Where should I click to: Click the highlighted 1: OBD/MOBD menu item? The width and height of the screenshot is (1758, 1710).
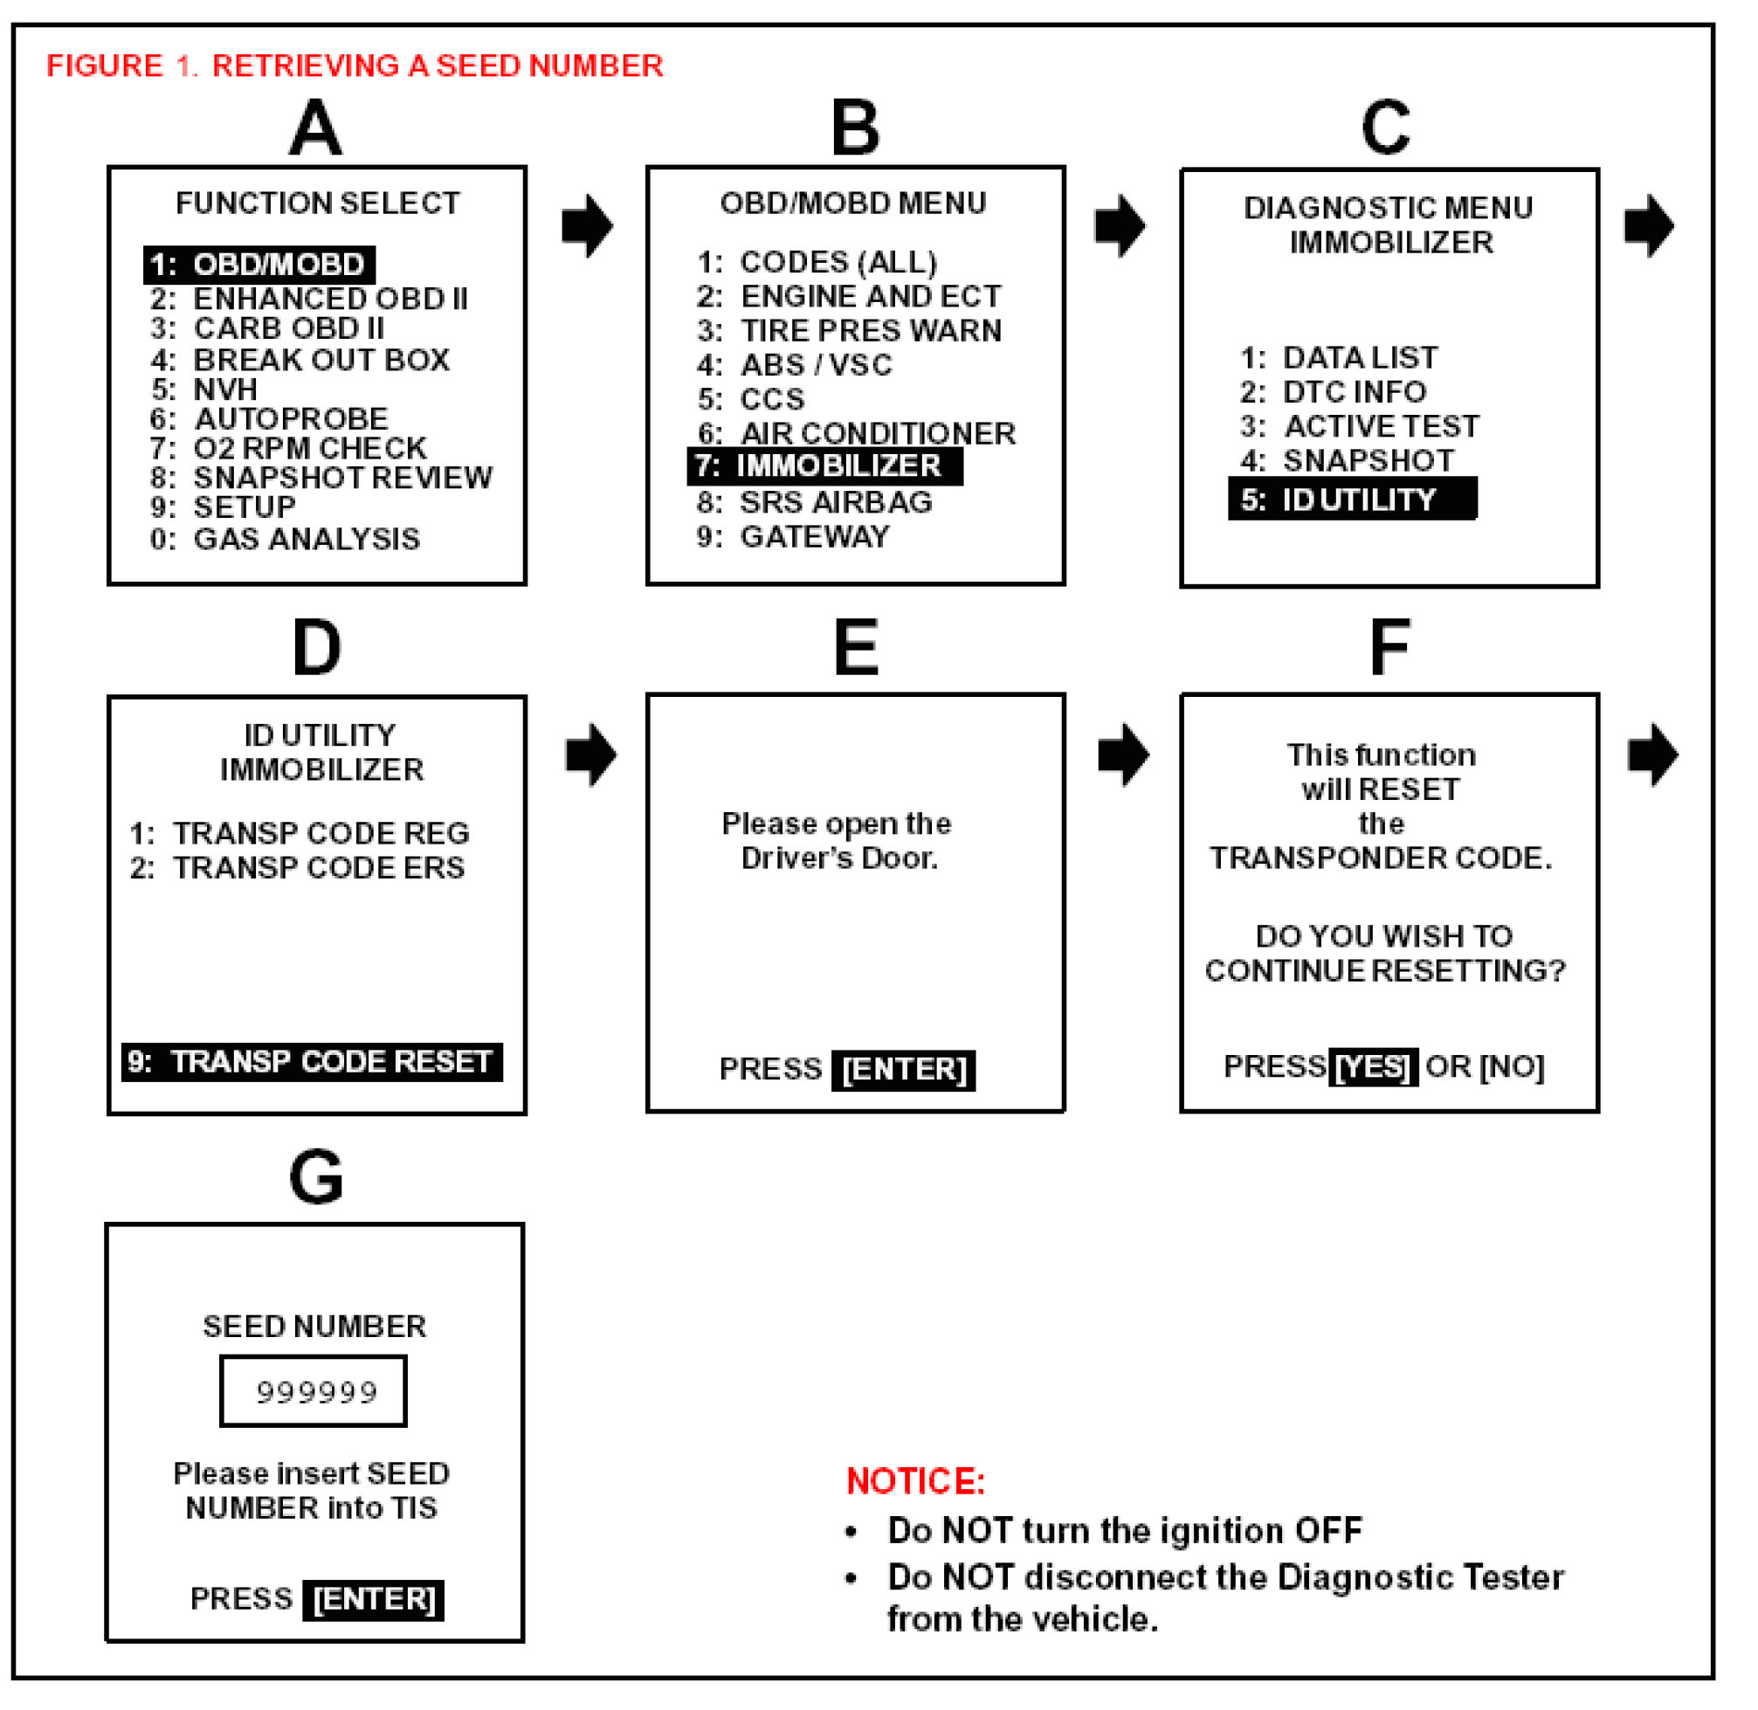click(x=259, y=265)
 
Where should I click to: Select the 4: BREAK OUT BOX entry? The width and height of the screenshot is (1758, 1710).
click(x=300, y=360)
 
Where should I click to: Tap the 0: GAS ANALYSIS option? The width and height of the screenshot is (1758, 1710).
click(x=285, y=539)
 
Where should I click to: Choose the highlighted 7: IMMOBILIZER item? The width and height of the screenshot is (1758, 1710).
click(x=824, y=467)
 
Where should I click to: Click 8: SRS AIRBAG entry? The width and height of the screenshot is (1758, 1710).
click(x=815, y=502)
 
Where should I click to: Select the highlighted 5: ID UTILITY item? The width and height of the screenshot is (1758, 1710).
click(x=1353, y=500)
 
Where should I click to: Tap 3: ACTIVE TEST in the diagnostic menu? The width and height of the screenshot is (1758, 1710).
click(x=1360, y=425)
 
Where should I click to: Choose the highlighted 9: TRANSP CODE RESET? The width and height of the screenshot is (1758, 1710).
click(x=312, y=1063)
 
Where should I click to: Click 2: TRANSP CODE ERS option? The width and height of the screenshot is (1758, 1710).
click(x=297, y=868)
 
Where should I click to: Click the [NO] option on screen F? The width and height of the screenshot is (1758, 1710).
click(x=1512, y=1067)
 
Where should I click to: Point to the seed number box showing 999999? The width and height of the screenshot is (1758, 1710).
click(x=314, y=1392)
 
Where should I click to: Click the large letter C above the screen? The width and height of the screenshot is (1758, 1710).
click(x=1386, y=128)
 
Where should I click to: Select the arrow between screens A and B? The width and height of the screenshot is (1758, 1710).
click(x=587, y=225)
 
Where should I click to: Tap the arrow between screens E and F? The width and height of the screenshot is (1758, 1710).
click(x=1123, y=755)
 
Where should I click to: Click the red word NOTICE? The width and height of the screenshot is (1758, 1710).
click(x=915, y=1482)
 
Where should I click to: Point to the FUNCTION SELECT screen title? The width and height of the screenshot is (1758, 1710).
click(x=317, y=203)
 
